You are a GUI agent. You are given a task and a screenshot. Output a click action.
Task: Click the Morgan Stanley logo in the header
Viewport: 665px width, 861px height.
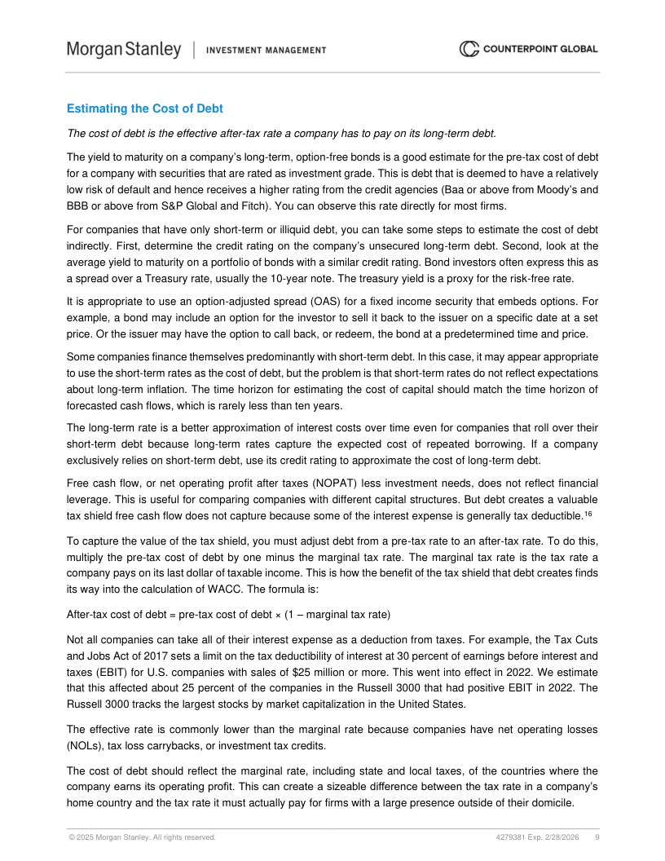coord(124,50)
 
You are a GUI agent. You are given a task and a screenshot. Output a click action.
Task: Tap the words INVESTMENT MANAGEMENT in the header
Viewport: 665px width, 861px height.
coord(266,51)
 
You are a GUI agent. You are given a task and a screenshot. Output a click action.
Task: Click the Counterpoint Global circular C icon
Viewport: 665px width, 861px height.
coord(469,49)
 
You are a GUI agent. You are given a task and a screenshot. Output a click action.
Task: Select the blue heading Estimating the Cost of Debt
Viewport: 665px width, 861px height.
coord(144,108)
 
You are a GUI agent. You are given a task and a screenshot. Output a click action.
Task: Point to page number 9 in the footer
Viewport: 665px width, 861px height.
coord(597,837)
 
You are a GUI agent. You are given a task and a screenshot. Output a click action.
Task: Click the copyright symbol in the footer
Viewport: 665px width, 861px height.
coord(70,837)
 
